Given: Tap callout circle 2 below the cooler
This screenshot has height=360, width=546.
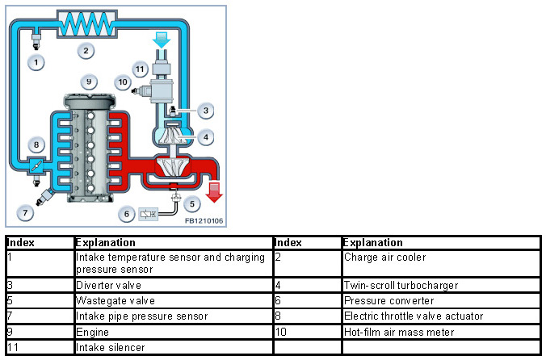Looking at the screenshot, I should pyautogui.click(x=86, y=51).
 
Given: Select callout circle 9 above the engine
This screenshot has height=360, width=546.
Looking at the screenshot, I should pyautogui.click(x=89, y=82).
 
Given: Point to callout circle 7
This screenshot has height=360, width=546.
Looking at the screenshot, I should pyautogui.click(x=26, y=213).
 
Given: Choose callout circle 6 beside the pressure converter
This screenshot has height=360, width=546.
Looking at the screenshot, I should pyautogui.click(x=126, y=213).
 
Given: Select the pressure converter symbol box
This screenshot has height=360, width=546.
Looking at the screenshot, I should pyautogui.click(x=149, y=214).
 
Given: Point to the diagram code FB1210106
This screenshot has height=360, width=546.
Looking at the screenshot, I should pyautogui.click(x=204, y=220).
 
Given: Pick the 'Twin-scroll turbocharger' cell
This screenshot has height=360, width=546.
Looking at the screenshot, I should pyautogui.click(x=401, y=285).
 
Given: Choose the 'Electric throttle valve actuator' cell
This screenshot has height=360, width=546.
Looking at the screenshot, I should pyautogui.click(x=412, y=316).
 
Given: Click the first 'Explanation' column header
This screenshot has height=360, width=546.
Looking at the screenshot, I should pyautogui.click(x=104, y=242).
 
